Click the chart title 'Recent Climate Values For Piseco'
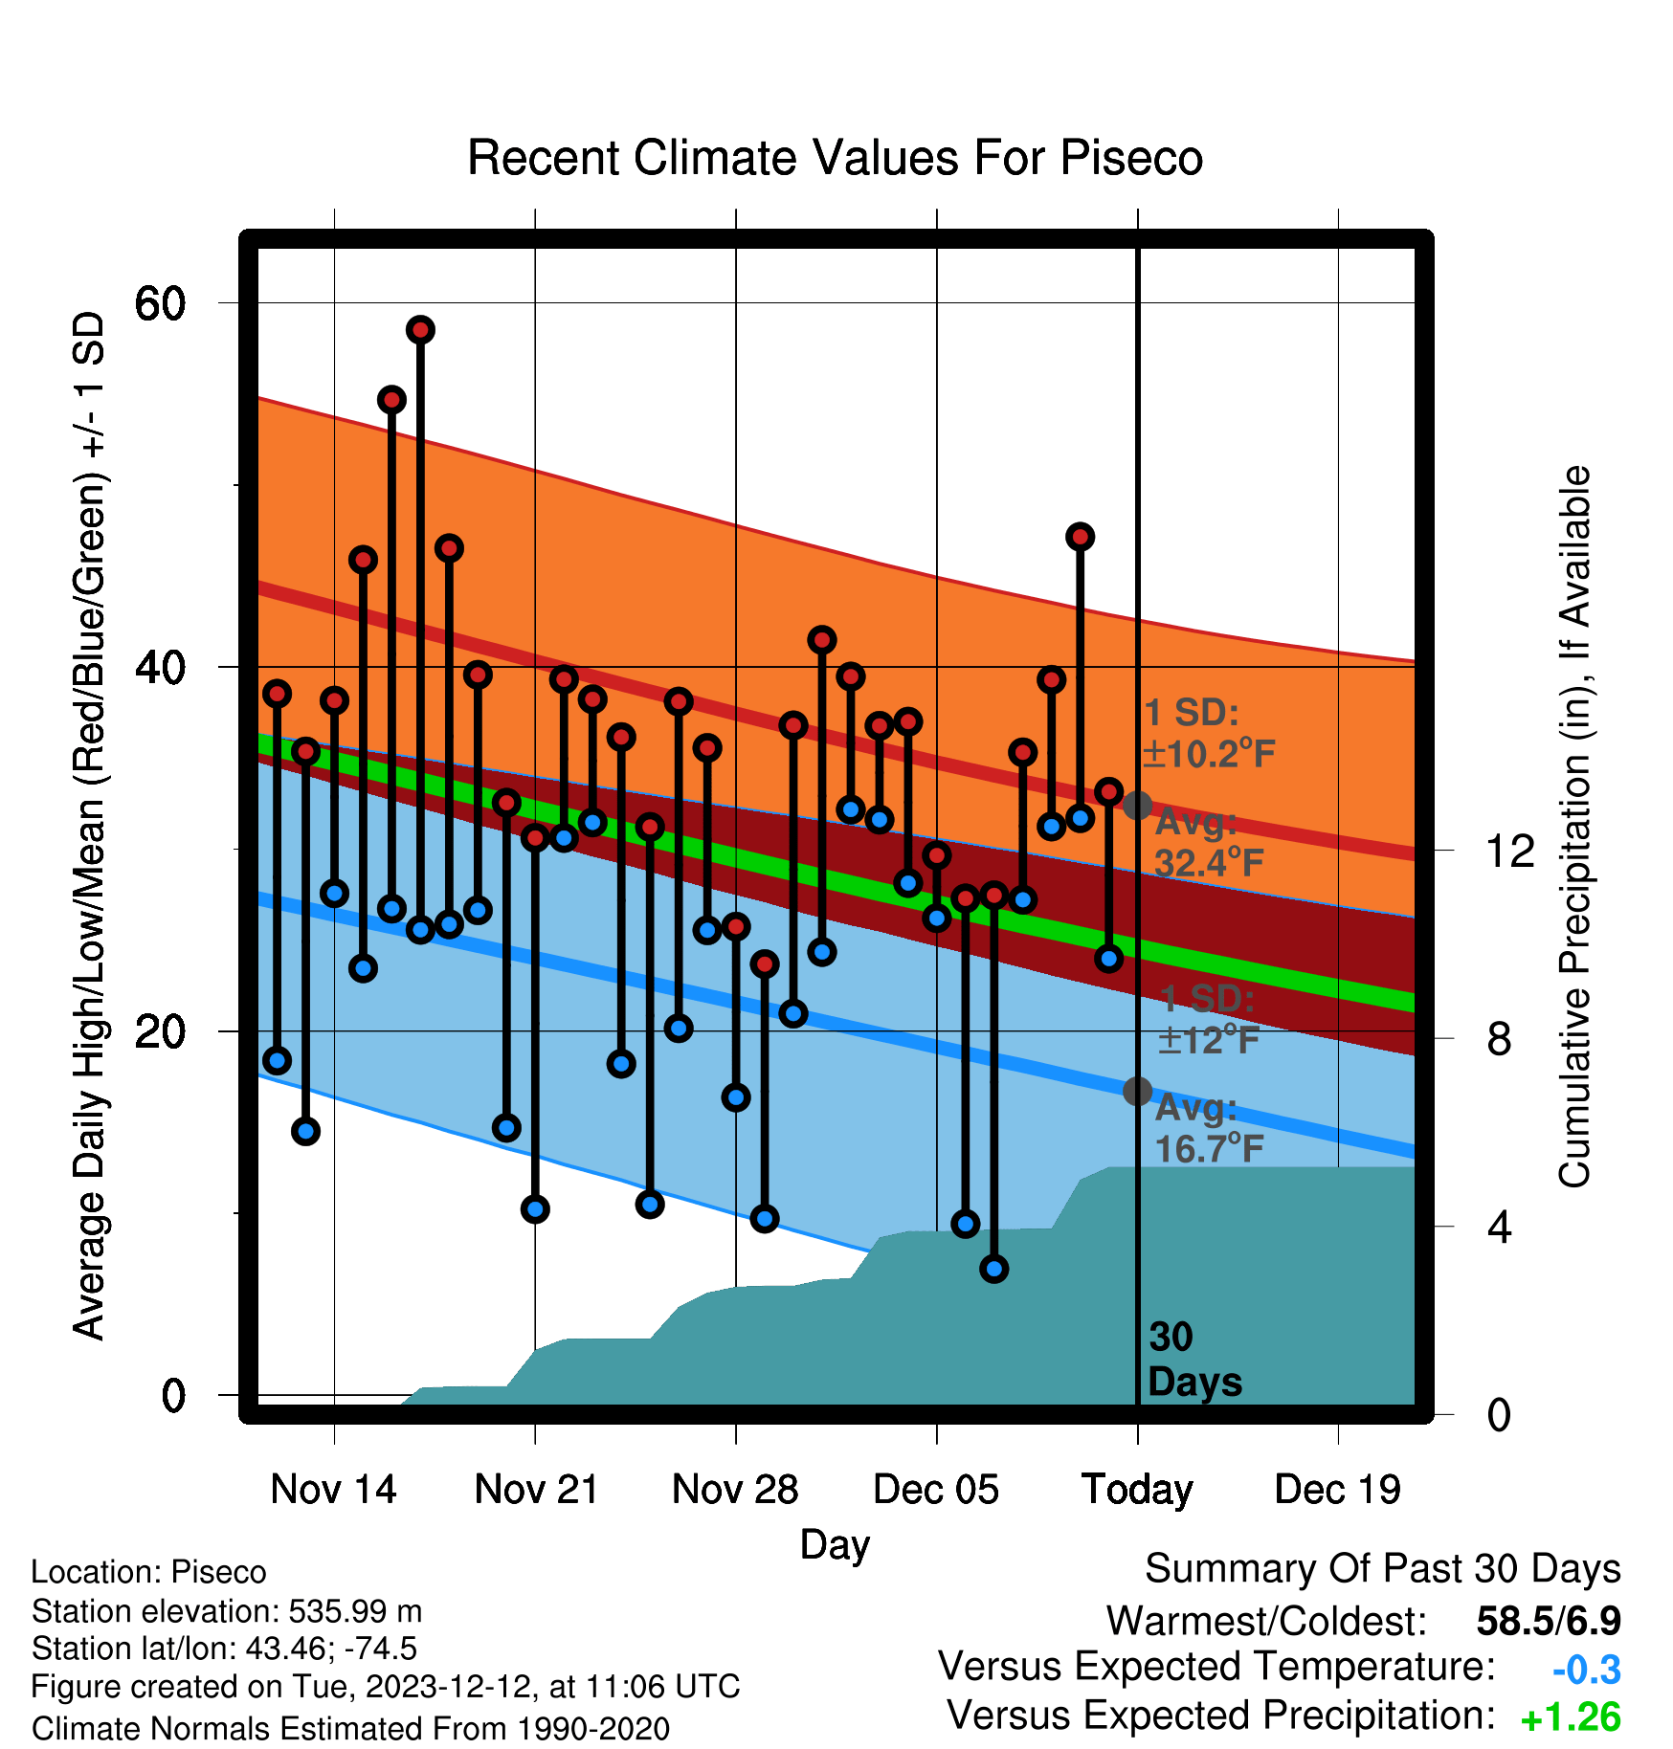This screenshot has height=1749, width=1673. [835, 158]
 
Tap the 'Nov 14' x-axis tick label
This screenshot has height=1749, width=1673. [333, 1490]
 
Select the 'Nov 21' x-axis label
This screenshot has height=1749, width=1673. [536, 1490]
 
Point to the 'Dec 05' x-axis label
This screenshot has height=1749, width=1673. [936, 1490]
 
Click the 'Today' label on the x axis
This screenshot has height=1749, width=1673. [1137, 1491]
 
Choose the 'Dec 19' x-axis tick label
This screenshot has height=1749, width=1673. [1338, 1490]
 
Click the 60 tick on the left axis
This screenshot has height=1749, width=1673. [161, 303]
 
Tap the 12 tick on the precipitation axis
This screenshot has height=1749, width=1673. [1510, 850]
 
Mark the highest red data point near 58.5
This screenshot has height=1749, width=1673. [420, 330]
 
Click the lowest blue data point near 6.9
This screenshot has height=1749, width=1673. [993, 1269]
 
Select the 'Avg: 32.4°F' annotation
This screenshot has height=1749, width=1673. [1210, 843]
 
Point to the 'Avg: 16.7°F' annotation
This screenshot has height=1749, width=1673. [1210, 1128]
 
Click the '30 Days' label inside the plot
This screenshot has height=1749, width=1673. [1194, 1360]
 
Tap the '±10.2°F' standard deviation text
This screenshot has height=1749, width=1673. [1209, 754]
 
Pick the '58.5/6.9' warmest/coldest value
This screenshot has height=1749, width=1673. [1549, 1621]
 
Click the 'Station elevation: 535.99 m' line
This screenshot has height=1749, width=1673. [227, 1611]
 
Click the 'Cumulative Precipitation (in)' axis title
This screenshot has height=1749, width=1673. [1575, 827]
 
